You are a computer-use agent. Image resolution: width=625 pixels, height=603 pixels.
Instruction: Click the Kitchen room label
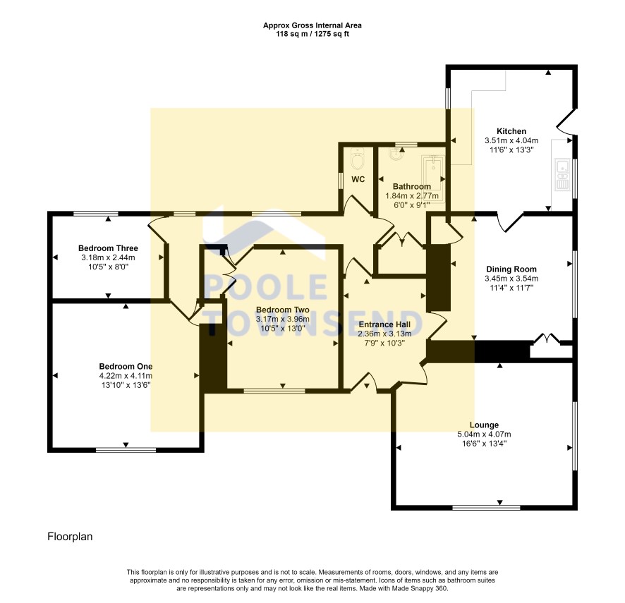pyautogui.click(x=511, y=131)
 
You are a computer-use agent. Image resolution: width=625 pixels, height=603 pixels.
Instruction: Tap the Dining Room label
pyautogui.click(x=511, y=269)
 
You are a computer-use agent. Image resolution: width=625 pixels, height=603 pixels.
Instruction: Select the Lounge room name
pyautogui.click(x=484, y=425)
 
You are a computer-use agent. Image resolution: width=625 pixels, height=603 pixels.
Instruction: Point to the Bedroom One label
pyautogui.click(x=126, y=366)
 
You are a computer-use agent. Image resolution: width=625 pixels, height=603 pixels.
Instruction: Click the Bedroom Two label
pyautogui.click(x=283, y=310)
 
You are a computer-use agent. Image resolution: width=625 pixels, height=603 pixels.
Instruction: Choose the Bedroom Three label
pyautogui.click(x=108, y=248)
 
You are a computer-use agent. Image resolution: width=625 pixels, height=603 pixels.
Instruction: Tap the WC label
pyautogui.click(x=358, y=179)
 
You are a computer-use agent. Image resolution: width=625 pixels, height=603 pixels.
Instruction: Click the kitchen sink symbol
pyautogui.click(x=562, y=174)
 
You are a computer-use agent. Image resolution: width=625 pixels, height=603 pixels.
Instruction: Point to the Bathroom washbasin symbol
pyautogui.click(x=396, y=153)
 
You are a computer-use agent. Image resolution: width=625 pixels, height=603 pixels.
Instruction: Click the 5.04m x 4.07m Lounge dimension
pyautogui.click(x=484, y=434)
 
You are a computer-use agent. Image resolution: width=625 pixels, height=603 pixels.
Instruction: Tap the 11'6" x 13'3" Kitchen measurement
pyautogui.click(x=511, y=150)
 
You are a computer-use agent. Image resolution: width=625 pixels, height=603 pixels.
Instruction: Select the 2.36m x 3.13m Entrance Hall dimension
pyautogui.click(x=384, y=334)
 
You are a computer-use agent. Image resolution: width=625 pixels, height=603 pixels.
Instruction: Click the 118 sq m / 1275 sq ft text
pyautogui.click(x=312, y=34)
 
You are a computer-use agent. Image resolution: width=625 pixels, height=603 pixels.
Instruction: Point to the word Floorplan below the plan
pyautogui.click(x=70, y=537)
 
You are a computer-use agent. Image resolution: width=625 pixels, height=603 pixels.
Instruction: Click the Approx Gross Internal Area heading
pyautogui.click(x=312, y=25)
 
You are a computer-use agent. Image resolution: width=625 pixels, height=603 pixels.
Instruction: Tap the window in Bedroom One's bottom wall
pyautogui.click(x=126, y=450)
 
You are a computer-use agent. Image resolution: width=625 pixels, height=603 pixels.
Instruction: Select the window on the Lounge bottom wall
pyautogui.click(x=486, y=507)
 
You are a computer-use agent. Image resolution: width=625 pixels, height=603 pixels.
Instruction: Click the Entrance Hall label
pyautogui.click(x=384, y=324)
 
